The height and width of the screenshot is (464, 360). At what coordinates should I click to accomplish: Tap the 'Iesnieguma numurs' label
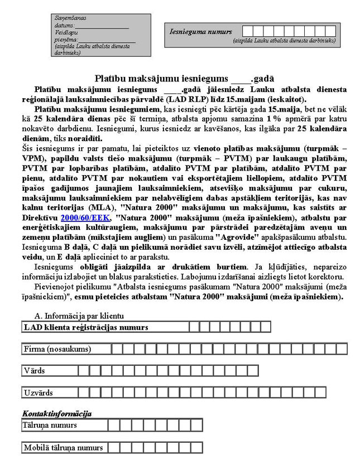(x=200, y=32)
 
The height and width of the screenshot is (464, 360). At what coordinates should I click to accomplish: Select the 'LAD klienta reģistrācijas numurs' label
(x=86, y=327)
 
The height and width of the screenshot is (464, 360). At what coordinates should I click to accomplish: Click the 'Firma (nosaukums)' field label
(x=56, y=349)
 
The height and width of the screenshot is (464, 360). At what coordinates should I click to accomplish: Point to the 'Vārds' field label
(x=35, y=370)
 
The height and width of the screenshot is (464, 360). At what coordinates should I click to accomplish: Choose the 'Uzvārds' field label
(x=39, y=393)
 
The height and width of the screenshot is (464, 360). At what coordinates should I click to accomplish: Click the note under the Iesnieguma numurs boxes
(x=284, y=41)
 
